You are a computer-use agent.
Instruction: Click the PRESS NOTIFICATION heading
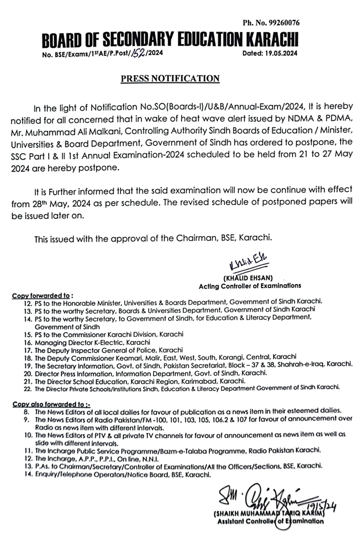170,78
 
